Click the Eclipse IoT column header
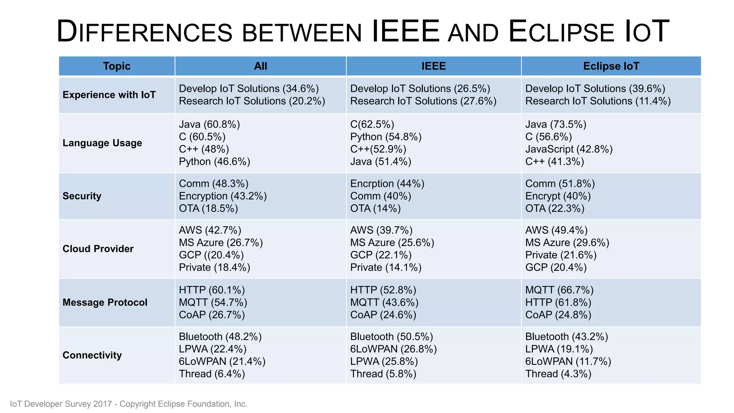pyautogui.click(x=611, y=66)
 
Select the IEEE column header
pyautogui.click(x=433, y=66)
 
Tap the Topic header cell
pyautogui.click(x=116, y=66)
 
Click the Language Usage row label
pyautogui.click(x=102, y=143)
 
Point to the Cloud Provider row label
pyautogui.click(x=98, y=249)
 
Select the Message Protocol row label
pyautogui.click(x=105, y=303)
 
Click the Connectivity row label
pyautogui.click(x=92, y=355)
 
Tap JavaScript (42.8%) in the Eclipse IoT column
pyautogui.click(x=569, y=149)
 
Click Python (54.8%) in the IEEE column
pyautogui.click(x=386, y=137)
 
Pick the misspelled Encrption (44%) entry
pyautogui.click(x=387, y=184)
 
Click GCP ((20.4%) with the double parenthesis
pyautogui.click(x=211, y=255)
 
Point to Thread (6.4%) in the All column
pyautogui.click(x=212, y=374)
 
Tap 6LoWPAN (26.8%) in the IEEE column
pyautogui.click(x=393, y=349)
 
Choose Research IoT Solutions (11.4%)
pyautogui.click(x=598, y=101)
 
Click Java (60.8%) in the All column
pyautogui.click(x=209, y=124)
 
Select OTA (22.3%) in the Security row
pyautogui.click(x=554, y=209)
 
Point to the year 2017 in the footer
pyautogui.click(x=103, y=404)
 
